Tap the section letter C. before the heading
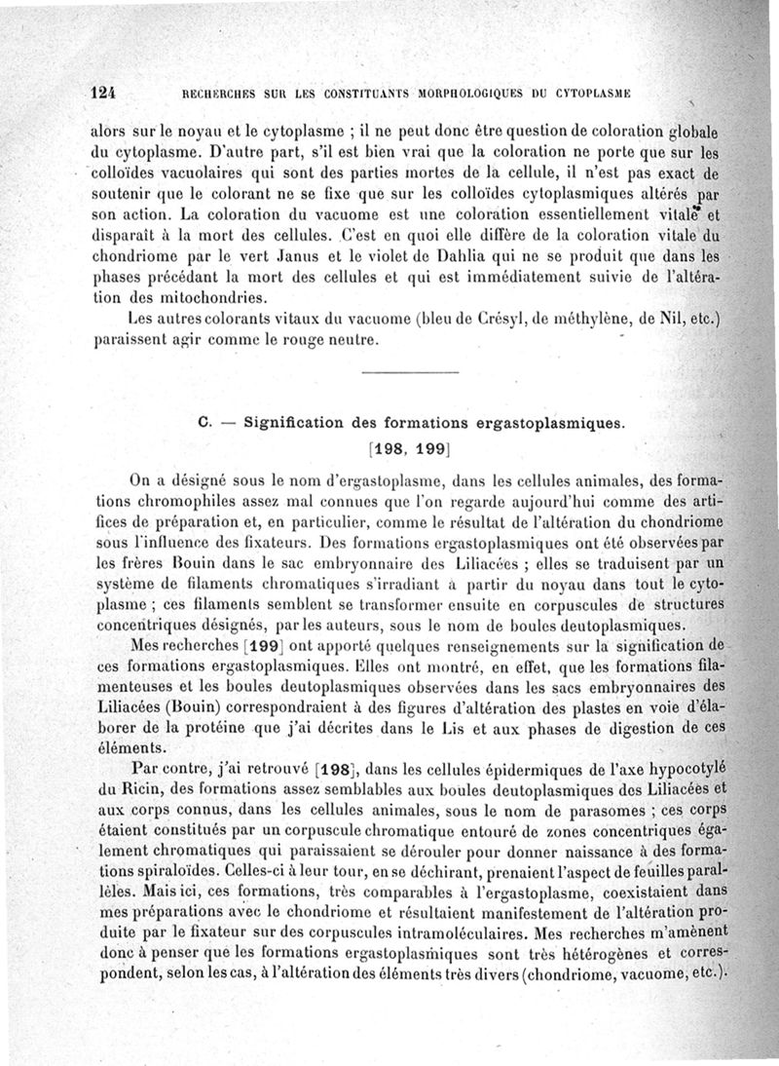tap(204, 423)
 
